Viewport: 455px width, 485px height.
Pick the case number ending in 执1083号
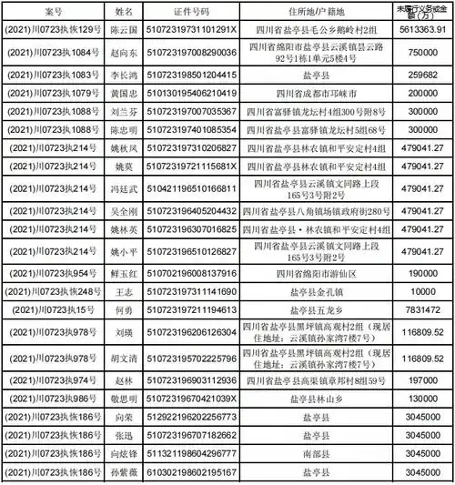[53, 74]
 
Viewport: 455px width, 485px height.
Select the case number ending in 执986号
[53, 399]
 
